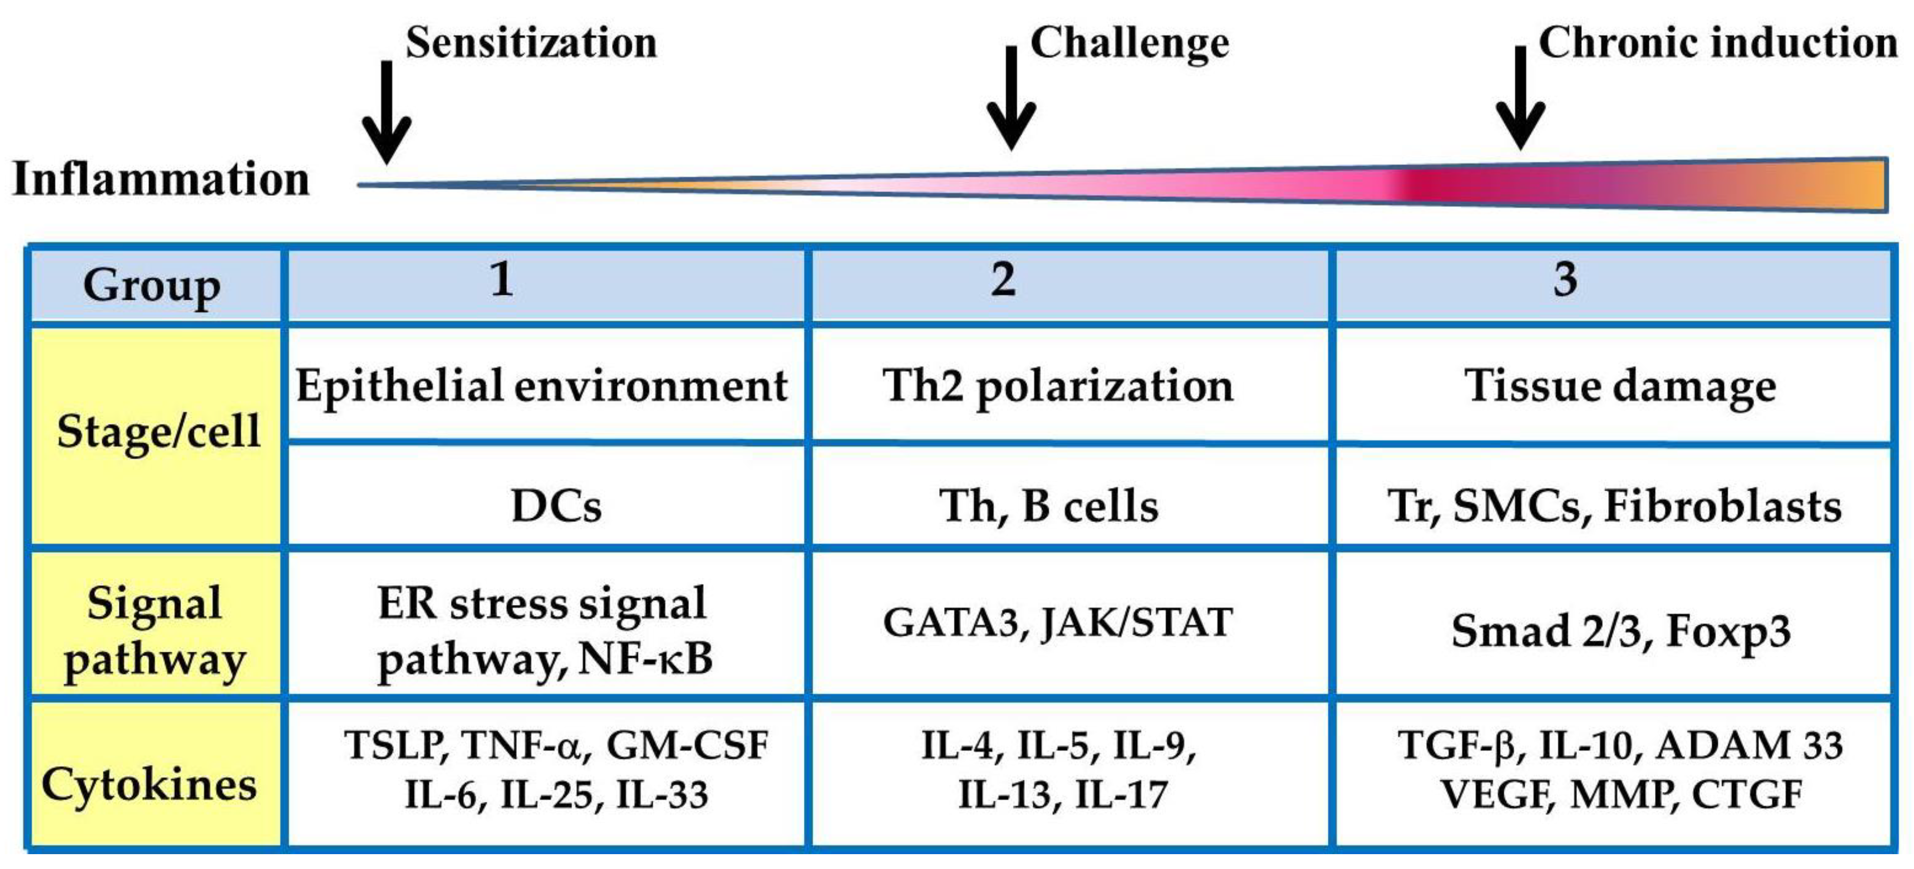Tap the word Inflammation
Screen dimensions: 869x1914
[x=161, y=180]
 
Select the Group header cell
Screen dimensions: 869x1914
[x=152, y=286]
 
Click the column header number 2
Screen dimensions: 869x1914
[x=1003, y=280]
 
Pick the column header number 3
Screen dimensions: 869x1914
[x=1565, y=280]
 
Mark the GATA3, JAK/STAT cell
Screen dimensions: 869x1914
[x=1058, y=623]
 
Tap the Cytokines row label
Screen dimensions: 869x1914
[x=150, y=785]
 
